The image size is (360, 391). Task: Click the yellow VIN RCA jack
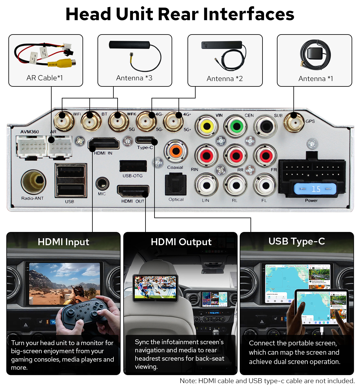click(x=207, y=126)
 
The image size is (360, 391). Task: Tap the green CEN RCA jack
click(x=236, y=126)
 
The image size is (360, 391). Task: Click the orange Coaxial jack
click(x=176, y=151)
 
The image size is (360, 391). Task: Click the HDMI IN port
click(x=104, y=143)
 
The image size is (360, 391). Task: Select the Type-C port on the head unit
click(x=145, y=140)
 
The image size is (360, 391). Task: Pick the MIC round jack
click(x=102, y=183)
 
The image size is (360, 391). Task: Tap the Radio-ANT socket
click(x=33, y=182)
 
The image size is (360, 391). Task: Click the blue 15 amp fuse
click(x=315, y=189)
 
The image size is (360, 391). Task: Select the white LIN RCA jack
click(x=206, y=185)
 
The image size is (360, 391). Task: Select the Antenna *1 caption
click(x=315, y=79)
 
